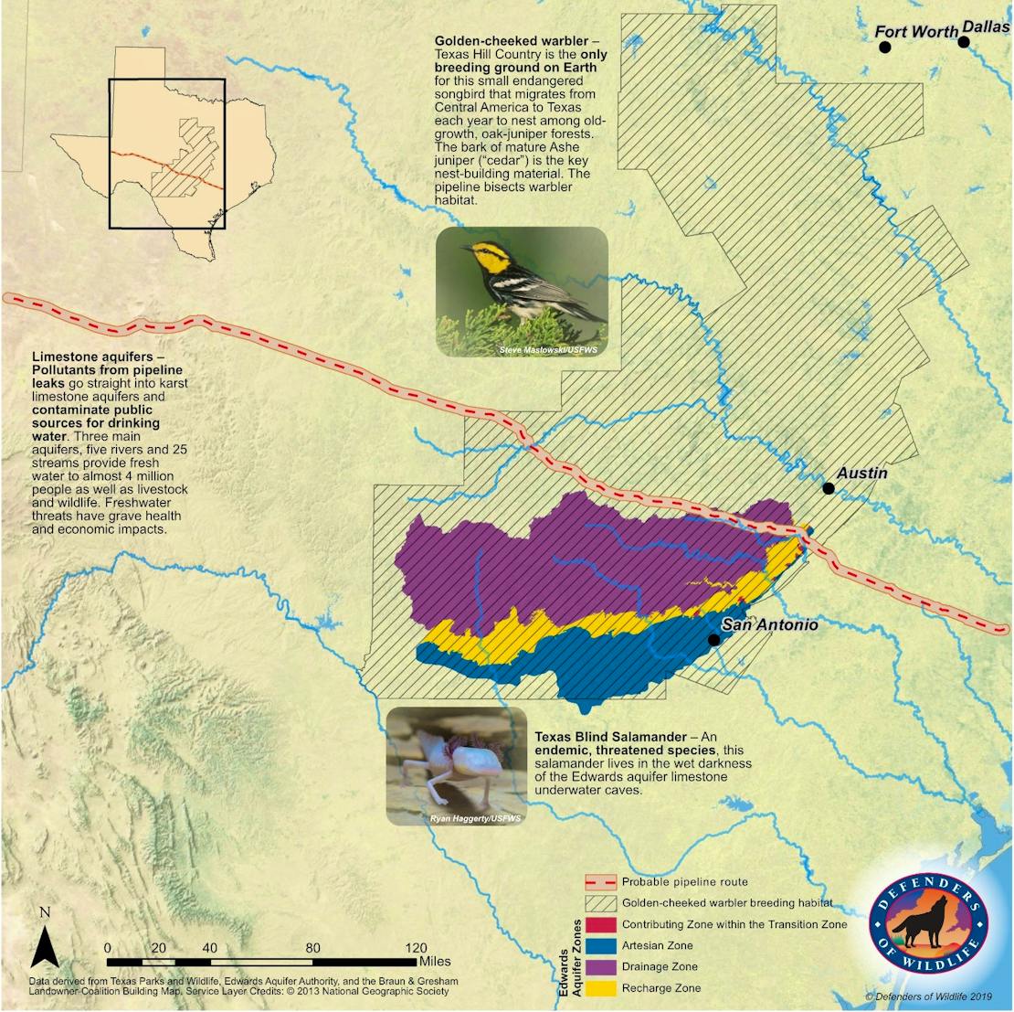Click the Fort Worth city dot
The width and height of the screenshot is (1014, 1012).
pos(884,47)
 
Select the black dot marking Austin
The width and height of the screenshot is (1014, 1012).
pos(829,488)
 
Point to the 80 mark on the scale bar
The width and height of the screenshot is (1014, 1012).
pos(313,947)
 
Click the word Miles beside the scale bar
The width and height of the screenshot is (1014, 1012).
pos(437,961)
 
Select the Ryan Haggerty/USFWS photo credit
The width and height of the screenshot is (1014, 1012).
pos(475,818)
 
